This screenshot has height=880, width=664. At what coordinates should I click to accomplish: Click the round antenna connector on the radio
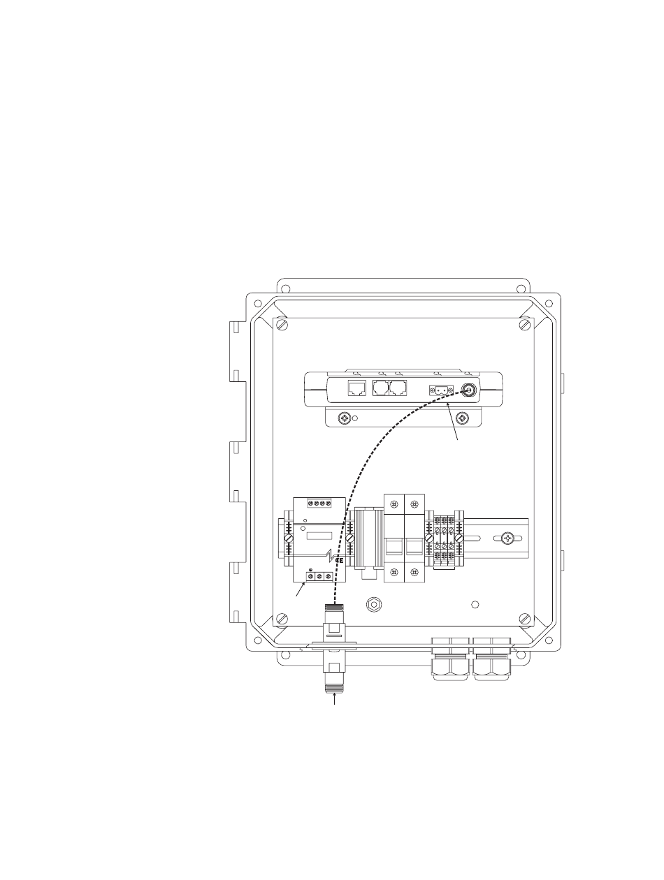pyautogui.click(x=468, y=389)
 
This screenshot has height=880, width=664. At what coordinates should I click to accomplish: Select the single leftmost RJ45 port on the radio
pyautogui.click(x=356, y=388)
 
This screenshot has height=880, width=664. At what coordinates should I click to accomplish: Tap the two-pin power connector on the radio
pyautogui.click(x=441, y=390)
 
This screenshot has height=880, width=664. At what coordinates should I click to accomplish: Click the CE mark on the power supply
pyautogui.click(x=339, y=560)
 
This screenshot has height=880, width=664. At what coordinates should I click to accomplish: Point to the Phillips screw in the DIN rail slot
pyautogui.click(x=507, y=538)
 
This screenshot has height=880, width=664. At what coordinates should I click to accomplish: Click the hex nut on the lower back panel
pyautogui.click(x=374, y=605)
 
